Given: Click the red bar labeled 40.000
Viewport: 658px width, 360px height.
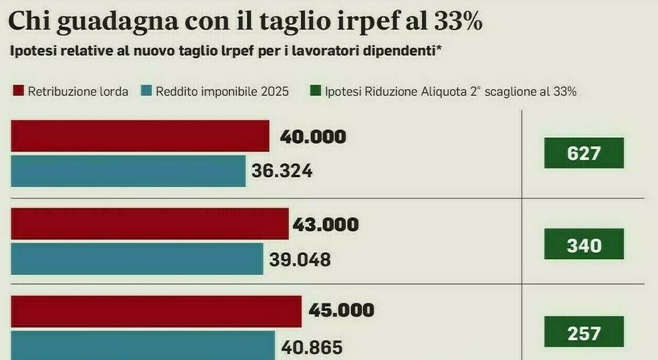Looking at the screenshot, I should click(x=140, y=136).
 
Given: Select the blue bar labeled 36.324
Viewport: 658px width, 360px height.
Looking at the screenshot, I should click(x=128, y=171).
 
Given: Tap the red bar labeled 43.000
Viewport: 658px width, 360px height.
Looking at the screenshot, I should click(x=150, y=224).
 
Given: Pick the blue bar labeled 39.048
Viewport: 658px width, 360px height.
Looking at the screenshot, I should click(x=137, y=259).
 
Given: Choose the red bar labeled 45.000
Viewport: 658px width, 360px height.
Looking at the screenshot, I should click(x=156, y=311).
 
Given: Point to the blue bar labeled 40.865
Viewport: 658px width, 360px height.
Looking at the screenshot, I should click(x=143, y=345).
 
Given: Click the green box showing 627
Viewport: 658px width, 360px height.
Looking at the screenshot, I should click(x=584, y=153).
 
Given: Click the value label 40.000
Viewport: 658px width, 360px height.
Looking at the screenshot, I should click(x=313, y=137).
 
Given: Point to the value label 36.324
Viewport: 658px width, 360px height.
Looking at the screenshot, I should click(x=282, y=171).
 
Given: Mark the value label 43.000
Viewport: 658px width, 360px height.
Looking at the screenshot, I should click(x=325, y=225).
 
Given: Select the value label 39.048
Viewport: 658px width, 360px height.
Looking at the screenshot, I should click(x=300, y=259).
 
